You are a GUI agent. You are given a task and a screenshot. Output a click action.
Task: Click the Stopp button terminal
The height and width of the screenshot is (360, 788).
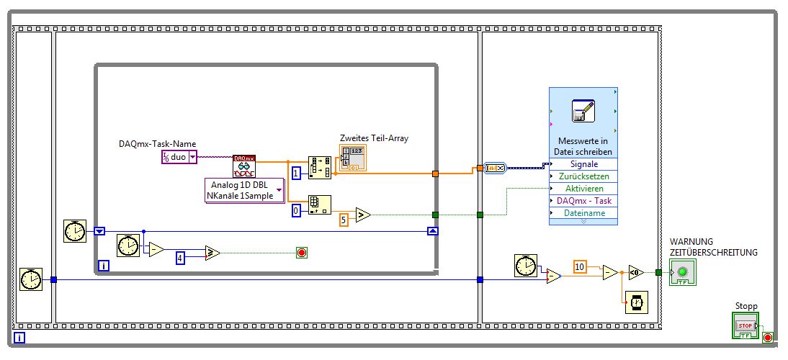pyautogui.click(x=746, y=325)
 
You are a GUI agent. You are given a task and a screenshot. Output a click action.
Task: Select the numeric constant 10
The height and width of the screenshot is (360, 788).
pyautogui.click(x=580, y=266)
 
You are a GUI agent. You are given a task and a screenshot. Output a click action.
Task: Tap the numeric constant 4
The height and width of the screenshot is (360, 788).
pyautogui.click(x=181, y=256)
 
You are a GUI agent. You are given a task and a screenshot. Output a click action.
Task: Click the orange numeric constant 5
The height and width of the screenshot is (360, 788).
pyautogui.click(x=344, y=218)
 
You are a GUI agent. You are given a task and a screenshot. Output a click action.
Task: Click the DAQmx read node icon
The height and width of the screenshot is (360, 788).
pyautogui.click(x=243, y=165)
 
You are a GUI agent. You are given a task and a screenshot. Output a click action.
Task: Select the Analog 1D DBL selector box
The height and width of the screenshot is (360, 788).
pyautogui.click(x=244, y=190)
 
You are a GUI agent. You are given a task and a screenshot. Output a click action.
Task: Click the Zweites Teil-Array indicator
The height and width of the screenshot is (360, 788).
pyautogui.click(x=352, y=158)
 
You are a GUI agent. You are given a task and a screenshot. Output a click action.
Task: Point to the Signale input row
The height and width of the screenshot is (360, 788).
pyautogui.click(x=583, y=164)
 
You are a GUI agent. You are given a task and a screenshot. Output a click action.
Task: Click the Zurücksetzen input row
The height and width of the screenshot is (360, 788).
pyautogui.click(x=583, y=176)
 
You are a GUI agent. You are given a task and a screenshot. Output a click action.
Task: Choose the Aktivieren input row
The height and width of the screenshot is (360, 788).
pyautogui.click(x=583, y=189)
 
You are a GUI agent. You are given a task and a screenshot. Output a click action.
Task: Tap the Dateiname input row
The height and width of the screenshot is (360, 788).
pyautogui.click(x=583, y=213)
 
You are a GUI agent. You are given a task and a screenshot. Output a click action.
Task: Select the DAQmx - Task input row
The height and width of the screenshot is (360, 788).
pyautogui.click(x=583, y=201)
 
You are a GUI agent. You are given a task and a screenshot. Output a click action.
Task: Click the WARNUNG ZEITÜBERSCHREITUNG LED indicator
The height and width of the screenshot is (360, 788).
pyautogui.click(x=682, y=272)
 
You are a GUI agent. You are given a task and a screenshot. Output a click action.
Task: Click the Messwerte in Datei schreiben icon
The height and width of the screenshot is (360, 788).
pyautogui.click(x=583, y=110)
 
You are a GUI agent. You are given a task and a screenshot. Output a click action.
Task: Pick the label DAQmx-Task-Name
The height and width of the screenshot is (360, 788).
pyautogui.click(x=157, y=144)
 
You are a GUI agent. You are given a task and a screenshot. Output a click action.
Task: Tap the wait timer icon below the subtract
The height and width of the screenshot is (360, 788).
pyautogui.click(x=636, y=302)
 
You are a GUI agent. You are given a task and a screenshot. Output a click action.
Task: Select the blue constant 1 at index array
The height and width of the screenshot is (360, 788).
pyautogui.click(x=297, y=173)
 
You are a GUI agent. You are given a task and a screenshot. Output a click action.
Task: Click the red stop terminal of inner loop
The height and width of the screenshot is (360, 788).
pyautogui.click(x=301, y=252)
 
